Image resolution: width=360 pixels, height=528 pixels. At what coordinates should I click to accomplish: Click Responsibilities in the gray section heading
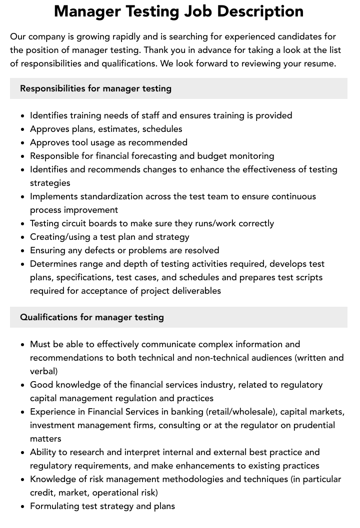click(x=52, y=88)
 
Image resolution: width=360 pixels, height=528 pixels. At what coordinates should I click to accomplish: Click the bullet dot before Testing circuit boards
click(x=23, y=224)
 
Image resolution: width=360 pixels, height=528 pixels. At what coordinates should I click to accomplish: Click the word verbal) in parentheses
click(x=43, y=371)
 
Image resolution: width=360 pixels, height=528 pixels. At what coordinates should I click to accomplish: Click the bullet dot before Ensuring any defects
click(x=23, y=251)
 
